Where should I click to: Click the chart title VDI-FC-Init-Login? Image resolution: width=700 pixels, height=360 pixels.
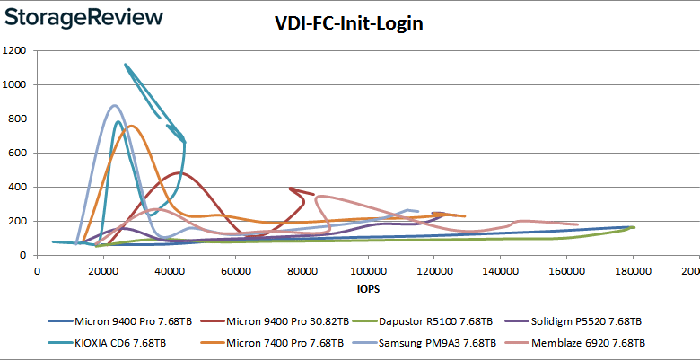tap(348, 24)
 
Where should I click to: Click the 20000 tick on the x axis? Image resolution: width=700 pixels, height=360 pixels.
tap(103, 271)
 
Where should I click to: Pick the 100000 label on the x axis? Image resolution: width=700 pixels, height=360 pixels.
tap(367, 271)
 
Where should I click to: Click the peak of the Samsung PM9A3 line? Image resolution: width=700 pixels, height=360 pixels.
tap(113, 105)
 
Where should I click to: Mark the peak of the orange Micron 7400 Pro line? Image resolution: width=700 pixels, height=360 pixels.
tap(131, 126)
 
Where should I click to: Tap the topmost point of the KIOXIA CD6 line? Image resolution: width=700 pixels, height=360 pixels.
tap(125, 64)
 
